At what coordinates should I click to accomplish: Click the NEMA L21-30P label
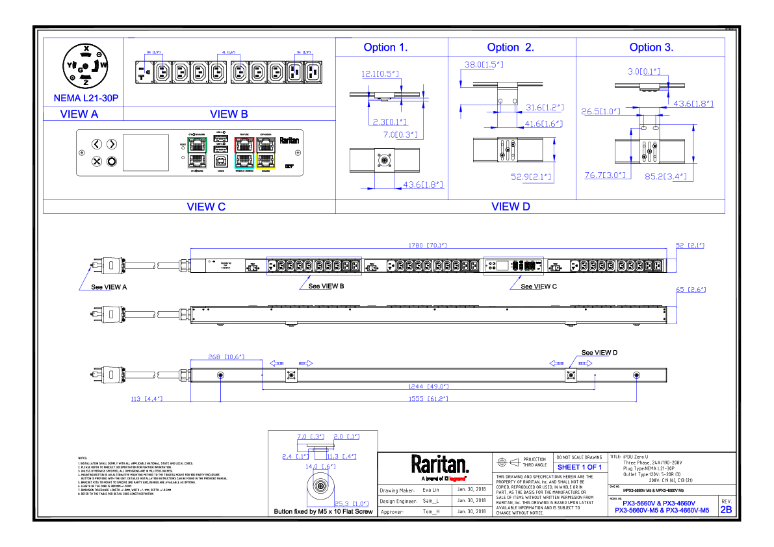(86, 98)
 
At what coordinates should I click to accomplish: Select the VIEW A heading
(79, 114)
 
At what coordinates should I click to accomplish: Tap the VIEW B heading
(229, 114)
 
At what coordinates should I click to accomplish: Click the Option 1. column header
(385, 48)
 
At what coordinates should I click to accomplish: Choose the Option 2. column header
(511, 48)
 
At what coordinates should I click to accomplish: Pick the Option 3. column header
(651, 48)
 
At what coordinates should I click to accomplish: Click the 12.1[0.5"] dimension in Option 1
(380, 74)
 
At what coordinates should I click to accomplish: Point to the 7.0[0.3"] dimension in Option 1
(400, 135)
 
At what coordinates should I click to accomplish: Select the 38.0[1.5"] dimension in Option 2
(484, 64)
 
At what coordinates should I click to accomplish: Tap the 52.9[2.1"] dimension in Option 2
(531, 177)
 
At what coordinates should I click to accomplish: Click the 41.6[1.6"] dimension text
(543, 124)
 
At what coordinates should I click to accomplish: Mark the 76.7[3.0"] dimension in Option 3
(604, 175)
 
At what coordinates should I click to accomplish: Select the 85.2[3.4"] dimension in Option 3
(665, 177)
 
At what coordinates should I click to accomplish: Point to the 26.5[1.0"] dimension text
(600, 112)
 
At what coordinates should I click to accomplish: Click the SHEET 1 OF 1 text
(579, 468)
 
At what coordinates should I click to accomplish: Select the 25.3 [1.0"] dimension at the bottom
(352, 504)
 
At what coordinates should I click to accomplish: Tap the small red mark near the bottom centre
(457, 479)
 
